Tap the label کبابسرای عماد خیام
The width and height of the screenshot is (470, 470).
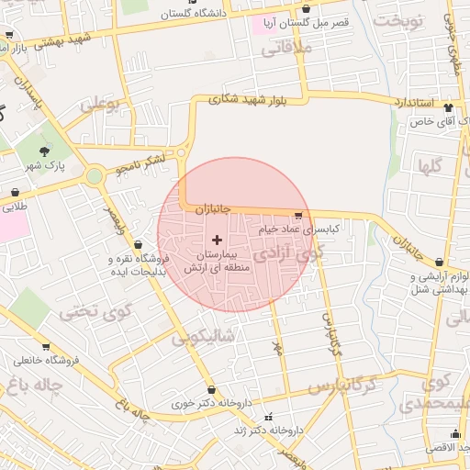(x=299, y=228)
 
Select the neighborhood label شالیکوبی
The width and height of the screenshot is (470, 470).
(x=204, y=337)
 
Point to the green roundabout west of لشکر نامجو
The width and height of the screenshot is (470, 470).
(x=94, y=175)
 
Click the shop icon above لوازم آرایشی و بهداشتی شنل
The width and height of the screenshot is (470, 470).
(x=439, y=263)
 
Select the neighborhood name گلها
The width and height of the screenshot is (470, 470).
(x=431, y=166)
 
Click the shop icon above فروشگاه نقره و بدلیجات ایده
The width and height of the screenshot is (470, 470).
(x=138, y=245)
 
